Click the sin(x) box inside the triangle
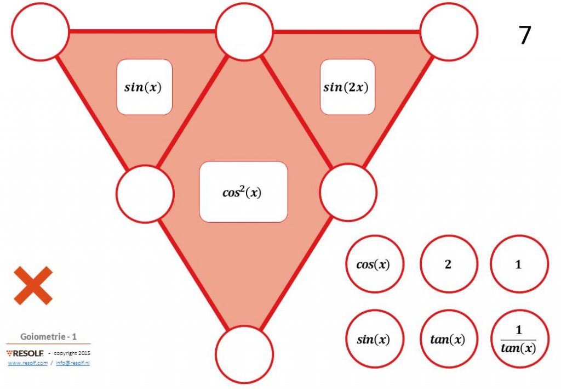click(145, 87)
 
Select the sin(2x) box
click(347, 87)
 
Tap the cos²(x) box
click(243, 192)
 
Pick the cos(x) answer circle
click(375, 264)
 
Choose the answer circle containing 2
click(449, 264)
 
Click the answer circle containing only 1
click(519, 264)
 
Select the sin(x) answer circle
click(375, 339)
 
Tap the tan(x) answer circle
click(449, 339)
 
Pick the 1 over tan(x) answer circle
click(519, 339)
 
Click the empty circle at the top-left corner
click(40, 31)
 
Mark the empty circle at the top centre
click(244, 31)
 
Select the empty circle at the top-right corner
click(449, 31)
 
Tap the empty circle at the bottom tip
click(244, 354)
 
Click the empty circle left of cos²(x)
click(145, 194)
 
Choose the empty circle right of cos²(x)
click(348, 193)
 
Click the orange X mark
click(33, 285)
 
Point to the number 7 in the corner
click(524, 35)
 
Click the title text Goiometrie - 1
click(48, 337)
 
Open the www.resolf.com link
click(27, 363)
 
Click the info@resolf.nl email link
click(73, 363)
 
